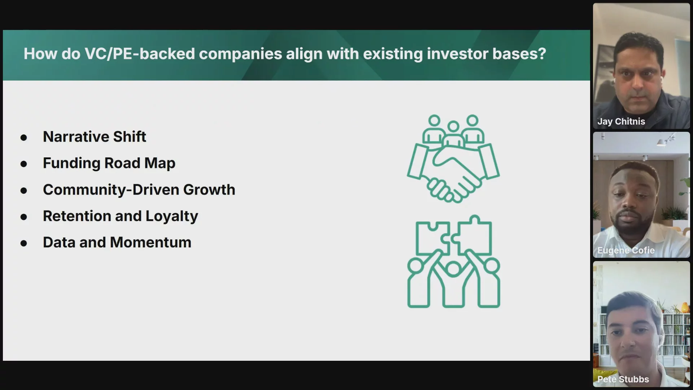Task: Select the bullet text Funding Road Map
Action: (109, 163)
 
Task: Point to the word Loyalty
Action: (172, 216)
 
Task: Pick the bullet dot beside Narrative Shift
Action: (24, 138)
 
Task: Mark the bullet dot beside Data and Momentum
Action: (24, 243)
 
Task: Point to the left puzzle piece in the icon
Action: (433, 238)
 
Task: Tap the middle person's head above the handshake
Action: (453, 127)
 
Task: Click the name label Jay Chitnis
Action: (621, 122)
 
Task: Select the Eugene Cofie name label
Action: (626, 250)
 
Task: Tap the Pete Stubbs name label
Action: (623, 379)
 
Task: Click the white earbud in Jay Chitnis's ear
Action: (662, 78)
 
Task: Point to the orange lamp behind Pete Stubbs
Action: (685, 308)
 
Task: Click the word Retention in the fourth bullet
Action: (77, 216)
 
